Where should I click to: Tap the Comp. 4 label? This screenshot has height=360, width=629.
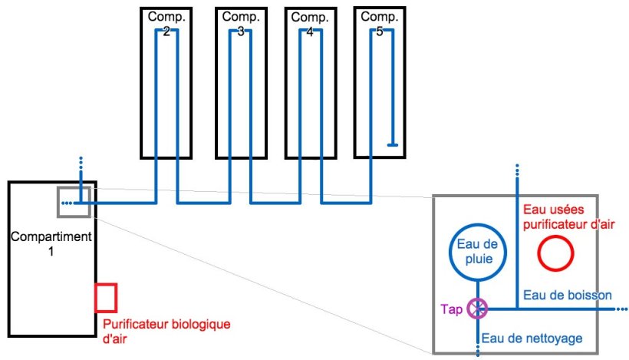click(310, 24)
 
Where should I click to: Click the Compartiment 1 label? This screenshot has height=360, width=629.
click(51, 243)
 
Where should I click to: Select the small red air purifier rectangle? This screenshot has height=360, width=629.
click(106, 297)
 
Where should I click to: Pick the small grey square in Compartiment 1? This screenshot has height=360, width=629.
click(74, 202)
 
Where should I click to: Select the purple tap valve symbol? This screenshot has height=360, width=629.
click(478, 309)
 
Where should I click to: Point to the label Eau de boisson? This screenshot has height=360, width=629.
click(567, 295)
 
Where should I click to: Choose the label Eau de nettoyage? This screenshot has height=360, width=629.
click(532, 338)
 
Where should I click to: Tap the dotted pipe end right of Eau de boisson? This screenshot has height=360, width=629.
click(620, 309)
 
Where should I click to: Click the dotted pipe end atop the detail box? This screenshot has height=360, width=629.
click(516, 172)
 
